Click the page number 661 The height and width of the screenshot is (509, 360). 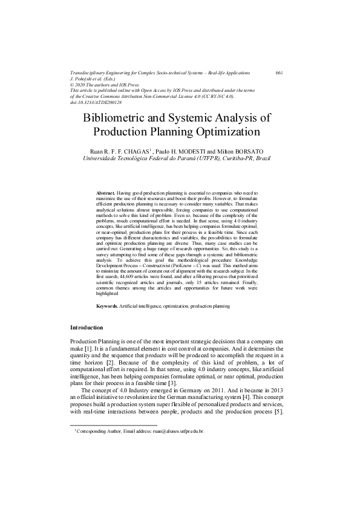[279, 73]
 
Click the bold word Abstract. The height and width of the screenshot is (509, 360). [106, 192]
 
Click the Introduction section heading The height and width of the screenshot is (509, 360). [87, 328]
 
